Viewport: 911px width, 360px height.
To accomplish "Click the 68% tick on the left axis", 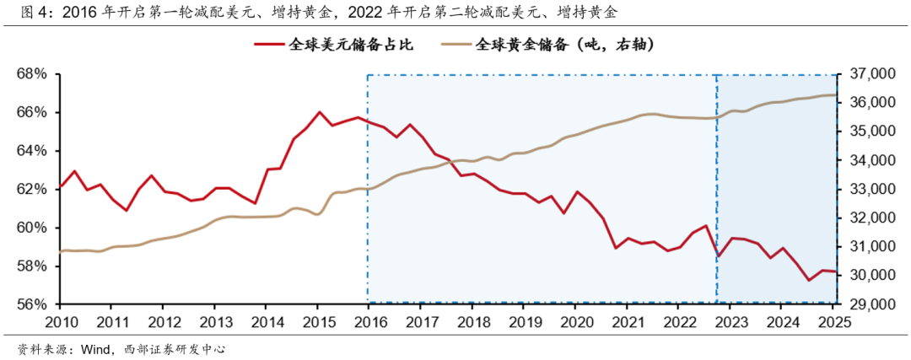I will point(34,74).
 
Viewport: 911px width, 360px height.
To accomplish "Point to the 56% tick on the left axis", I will point(34,304).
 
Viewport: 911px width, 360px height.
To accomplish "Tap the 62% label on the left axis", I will point(34,190).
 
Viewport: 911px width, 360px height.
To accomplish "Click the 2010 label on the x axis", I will point(61,322).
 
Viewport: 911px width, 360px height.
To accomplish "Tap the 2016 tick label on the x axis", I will point(369,322).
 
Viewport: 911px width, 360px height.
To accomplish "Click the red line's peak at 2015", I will point(320,111).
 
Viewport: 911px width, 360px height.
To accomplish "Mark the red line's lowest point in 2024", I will point(809,280).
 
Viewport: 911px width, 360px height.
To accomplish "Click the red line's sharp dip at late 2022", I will point(717,256).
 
